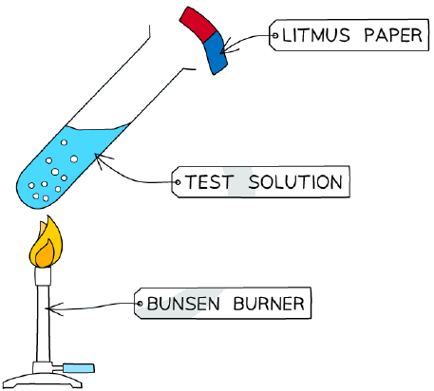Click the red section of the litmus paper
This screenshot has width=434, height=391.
pos(198,24)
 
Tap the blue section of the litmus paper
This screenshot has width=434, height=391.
pos(215,53)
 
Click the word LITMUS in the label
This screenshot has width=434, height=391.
pos(316,35)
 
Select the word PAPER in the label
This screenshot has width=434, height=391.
pos(393,35)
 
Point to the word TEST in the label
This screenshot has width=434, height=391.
pos(209,182)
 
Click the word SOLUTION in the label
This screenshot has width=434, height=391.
pos(295,182)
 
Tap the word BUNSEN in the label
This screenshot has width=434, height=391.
pos(183,304)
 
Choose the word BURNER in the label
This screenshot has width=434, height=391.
pos(269,304)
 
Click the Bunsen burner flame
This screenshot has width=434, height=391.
pos(46,243)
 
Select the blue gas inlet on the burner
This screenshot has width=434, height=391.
pos(79,368)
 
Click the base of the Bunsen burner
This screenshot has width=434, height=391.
pos(43,381)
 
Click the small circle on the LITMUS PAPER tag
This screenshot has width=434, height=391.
pos(274,35)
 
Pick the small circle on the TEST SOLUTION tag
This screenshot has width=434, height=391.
pos(178,182)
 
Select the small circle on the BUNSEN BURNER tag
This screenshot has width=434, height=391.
pos(140,304)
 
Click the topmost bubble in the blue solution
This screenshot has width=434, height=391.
pos(64,142)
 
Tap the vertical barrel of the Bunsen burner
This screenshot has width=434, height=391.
pos(43,324)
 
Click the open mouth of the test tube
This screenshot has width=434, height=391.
pos(173,47)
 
